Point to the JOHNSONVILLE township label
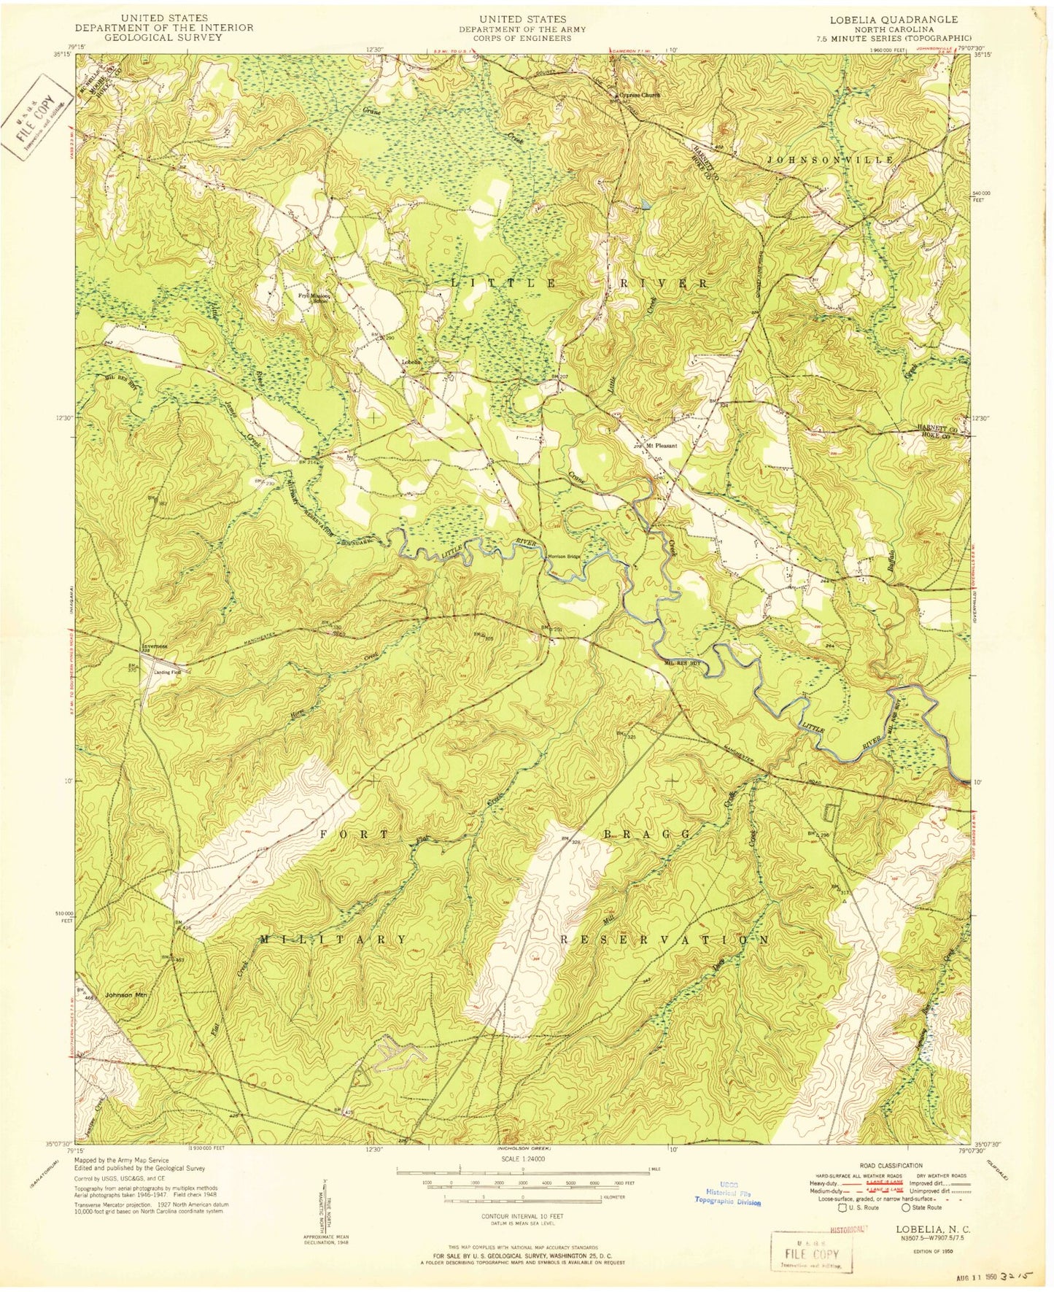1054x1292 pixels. click(x=830, y=158)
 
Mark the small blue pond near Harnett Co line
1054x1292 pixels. click(x=646, y=206)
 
